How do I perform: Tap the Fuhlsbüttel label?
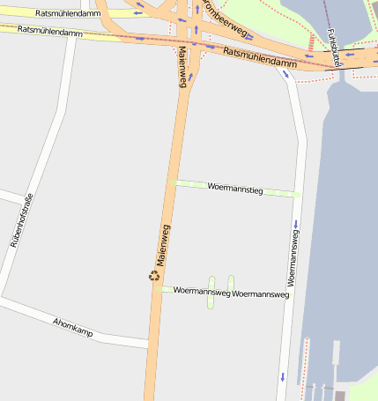(332, 47)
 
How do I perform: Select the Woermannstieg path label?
(234, 189)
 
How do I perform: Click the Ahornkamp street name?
(72, 329)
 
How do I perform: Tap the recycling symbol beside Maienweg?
(154, 276)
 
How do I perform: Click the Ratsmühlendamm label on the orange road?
(260, 57)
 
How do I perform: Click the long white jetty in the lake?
(337, 353)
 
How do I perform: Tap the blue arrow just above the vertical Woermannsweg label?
(295, 222)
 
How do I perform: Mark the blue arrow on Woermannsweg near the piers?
(282, 377)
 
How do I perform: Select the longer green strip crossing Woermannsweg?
(211, 293)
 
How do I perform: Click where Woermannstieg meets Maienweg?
(174, 183)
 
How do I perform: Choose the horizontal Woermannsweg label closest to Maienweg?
(202, 291)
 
